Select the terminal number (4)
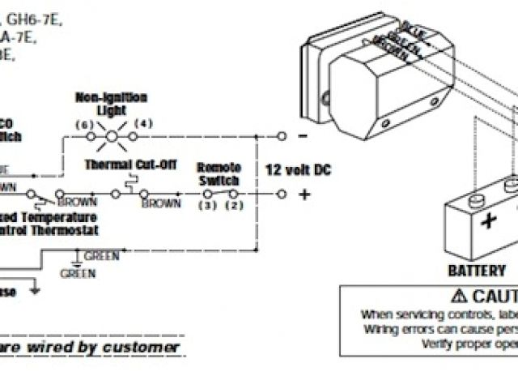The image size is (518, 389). pyautogui.click(x=142, y=124)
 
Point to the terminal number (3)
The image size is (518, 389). pyautogui.click(x=202, y=207)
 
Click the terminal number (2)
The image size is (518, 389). pyautogui.click(x=234, y=207)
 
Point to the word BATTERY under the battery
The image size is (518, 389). pyautogui.click(x=476, y=270)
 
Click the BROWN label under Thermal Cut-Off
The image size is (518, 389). pyautogui.click(x=161, y=203)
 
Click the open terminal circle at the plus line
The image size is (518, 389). pyautogui.click(x=281, y=194)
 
